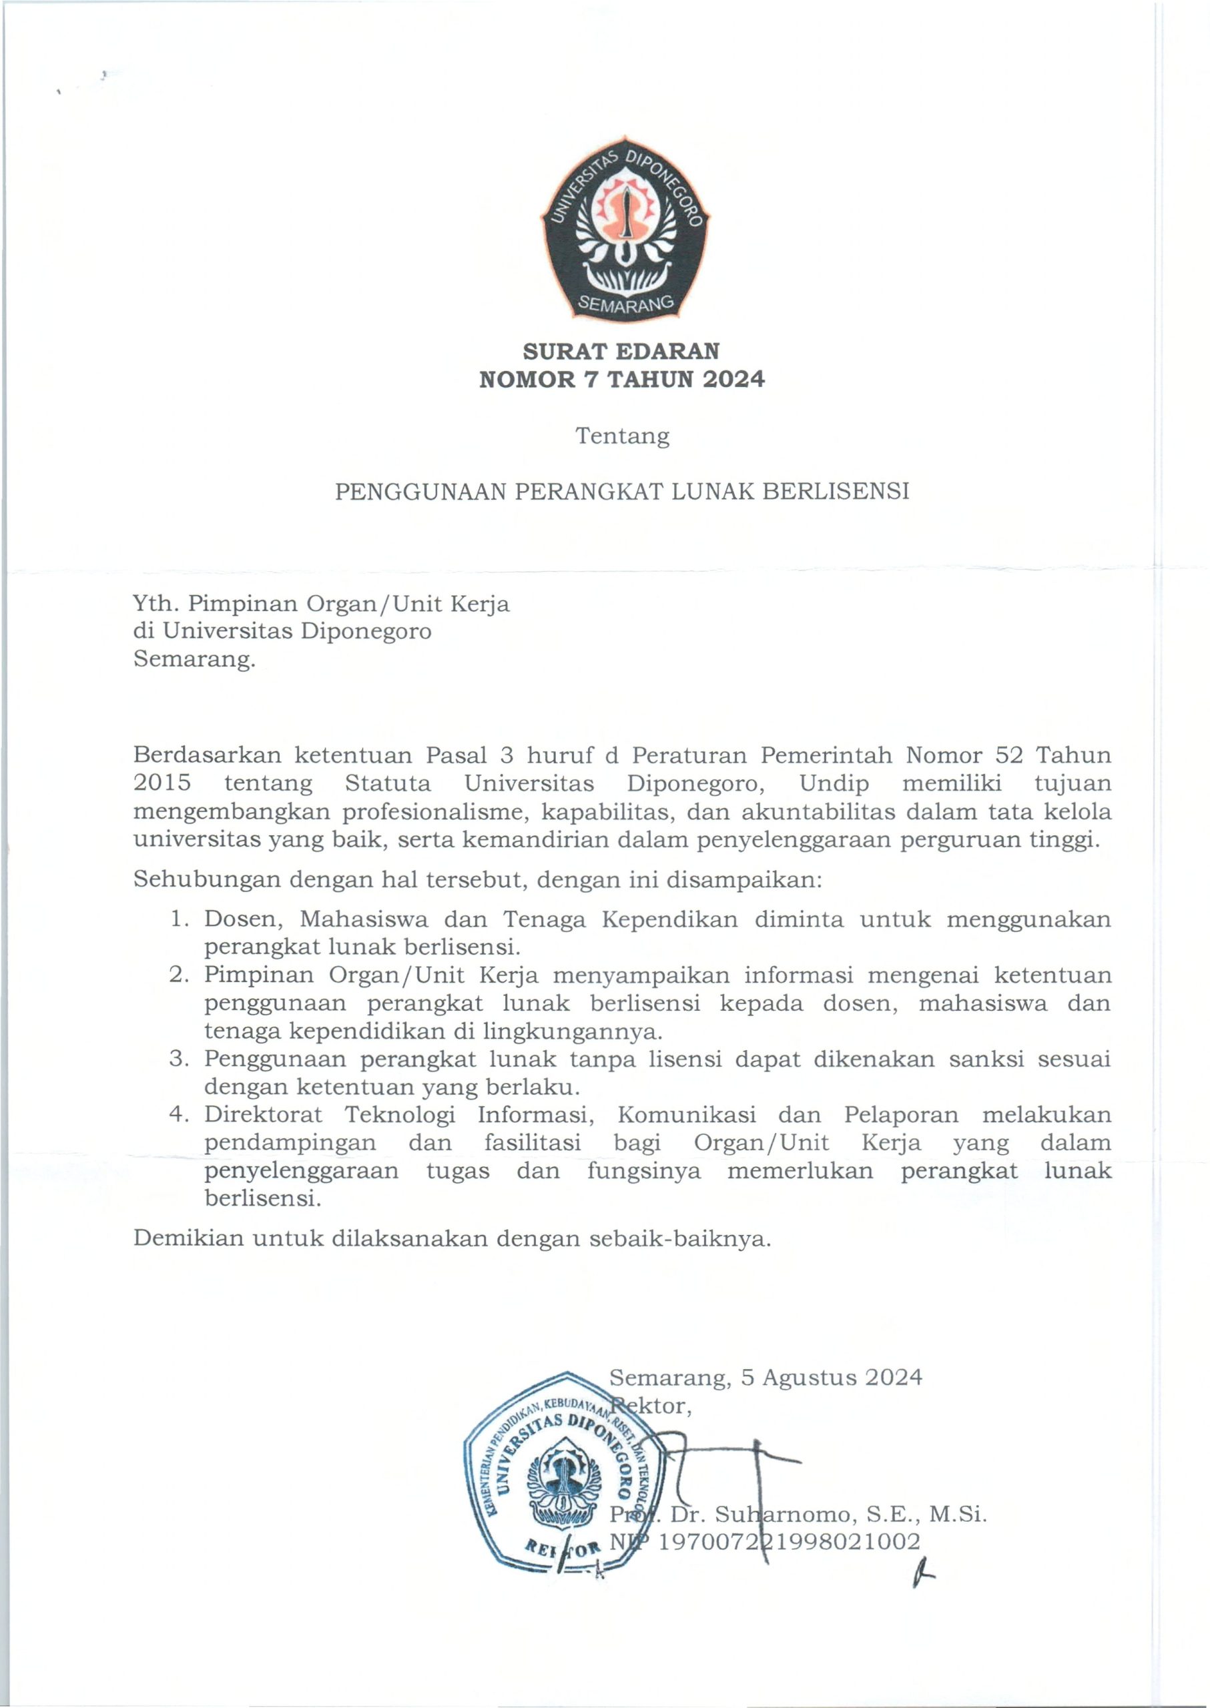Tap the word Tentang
[x=622, y=436]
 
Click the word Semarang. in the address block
[x=194, y=659]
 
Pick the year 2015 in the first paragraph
[x=162, y=783]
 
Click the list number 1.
[x=178, y=919]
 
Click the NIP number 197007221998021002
[x=790, y=1541]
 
